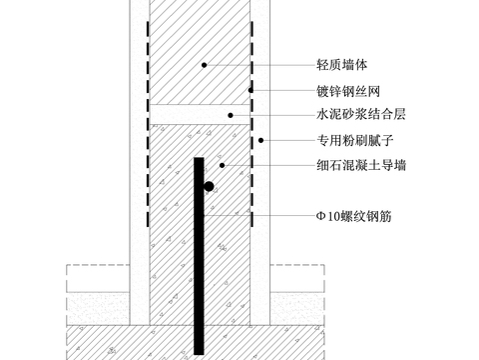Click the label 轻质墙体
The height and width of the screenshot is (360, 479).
[332, 65]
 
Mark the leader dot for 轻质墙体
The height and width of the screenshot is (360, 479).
[205, 65]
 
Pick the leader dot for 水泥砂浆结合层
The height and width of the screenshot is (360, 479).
[231, 115]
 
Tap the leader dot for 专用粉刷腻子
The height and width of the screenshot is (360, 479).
[260, 140]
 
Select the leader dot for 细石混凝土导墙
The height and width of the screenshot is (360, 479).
[221, 165]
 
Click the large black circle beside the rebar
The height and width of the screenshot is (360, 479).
[209, 186]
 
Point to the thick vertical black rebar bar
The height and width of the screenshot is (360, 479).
[200, 260]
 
